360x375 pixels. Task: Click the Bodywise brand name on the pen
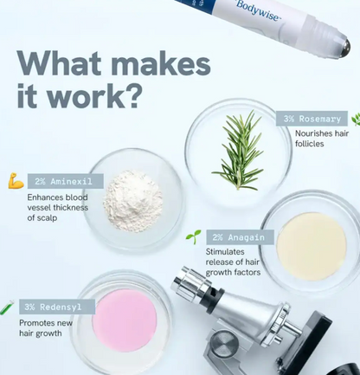coord(258,10)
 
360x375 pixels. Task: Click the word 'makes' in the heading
coord(161,64)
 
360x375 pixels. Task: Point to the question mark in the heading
coord(132,95)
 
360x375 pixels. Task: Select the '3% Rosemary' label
coord(312,119)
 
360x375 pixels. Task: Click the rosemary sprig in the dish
coord(239,150)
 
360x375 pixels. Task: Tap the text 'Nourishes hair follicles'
coord(322,139)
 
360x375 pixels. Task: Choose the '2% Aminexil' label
coord(66,181)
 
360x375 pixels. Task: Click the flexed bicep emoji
coord(16,181)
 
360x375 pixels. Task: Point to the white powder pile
coord(133,201)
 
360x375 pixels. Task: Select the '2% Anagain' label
coord(240,237)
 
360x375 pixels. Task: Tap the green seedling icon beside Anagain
coord(193,236)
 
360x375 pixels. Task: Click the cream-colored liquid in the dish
coord(312,247)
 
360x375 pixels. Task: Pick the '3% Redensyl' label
coord(57,307)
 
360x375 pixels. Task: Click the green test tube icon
coord(7,307)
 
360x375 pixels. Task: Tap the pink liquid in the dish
coord(125,320)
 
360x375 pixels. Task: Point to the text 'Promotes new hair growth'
coord(46,328)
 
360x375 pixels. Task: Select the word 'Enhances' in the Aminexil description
coord(45,197)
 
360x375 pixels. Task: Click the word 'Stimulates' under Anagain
coord(225,252)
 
